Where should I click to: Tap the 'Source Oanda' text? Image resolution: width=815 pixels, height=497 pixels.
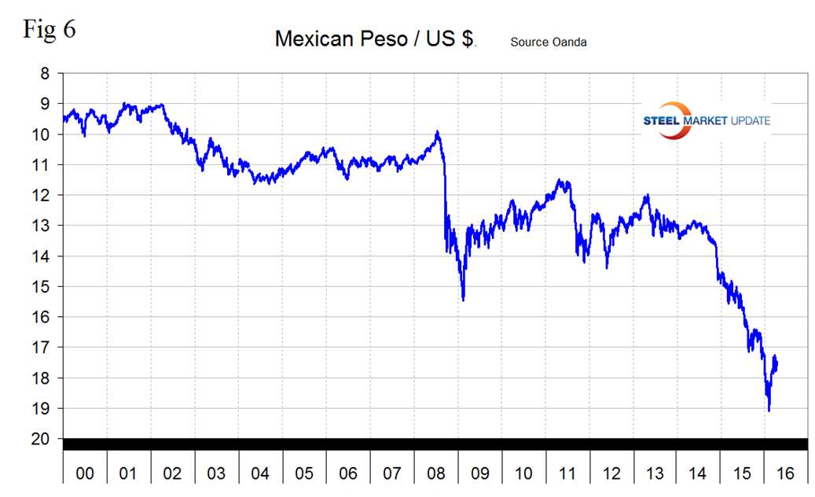(x=549, y=42)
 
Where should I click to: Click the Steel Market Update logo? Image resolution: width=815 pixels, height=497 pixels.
(x=705, y=120)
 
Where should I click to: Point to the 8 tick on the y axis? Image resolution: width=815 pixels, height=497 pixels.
(x=44, y=73)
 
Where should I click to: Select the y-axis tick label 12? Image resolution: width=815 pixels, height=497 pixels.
(x=44, y=195)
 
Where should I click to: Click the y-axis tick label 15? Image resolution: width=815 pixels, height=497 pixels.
(x=44, y=286)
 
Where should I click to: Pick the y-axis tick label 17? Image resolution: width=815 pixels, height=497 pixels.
(x=44, y=348)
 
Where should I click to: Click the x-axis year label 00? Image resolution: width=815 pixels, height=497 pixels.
(x=85, y=473)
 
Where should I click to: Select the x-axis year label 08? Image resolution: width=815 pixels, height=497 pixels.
(x=435, y=473)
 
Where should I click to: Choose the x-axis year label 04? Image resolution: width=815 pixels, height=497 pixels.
(x=260, y=473)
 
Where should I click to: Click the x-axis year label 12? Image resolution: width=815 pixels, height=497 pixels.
(x=610, y=473)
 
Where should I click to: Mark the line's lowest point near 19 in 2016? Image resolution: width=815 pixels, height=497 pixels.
(x=769, y=410)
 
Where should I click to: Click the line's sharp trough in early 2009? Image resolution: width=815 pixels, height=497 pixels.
(x=463, y=300)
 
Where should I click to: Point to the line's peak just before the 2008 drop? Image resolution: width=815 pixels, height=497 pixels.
(x=437, y=132)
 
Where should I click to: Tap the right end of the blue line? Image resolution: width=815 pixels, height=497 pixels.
(x=776, y=363)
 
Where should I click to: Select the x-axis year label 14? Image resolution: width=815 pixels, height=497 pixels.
(x=698, y=473)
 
